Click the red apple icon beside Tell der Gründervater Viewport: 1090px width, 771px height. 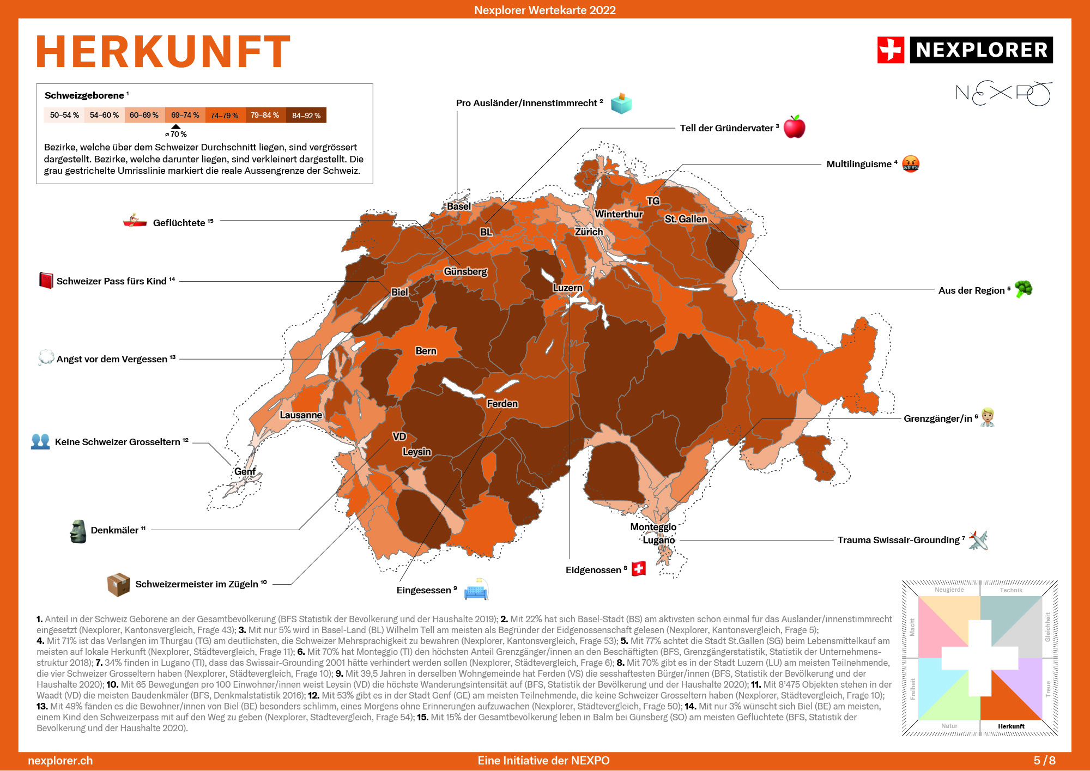[794, 127]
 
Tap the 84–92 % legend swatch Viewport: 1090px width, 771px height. [306, 116]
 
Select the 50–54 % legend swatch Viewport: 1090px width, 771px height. [64, 116]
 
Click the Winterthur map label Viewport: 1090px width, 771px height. [619, 214]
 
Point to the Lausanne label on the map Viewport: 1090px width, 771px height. [301, 415]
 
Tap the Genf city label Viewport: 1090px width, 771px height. [245, 471]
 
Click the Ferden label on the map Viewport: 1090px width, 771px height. [502, 404]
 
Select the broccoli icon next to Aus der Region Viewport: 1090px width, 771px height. [1023, 289]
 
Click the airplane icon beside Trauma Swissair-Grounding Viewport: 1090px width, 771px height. [978, 540]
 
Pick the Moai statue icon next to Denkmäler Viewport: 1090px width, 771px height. [78, 531]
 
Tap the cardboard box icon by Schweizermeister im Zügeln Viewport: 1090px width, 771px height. [118, 585]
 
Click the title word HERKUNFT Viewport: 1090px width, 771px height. [163, 52]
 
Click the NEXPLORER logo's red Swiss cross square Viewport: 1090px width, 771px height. [891, 50]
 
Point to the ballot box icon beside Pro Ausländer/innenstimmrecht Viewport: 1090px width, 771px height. [621, 103]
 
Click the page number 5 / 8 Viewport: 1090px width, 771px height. [1044, 761]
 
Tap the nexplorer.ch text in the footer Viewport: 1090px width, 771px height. [60, 761]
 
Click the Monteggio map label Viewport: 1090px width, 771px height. [653, 527]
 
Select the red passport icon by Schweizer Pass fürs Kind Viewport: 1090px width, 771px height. [46, 281]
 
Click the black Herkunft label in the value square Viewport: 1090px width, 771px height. [1011, 726]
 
